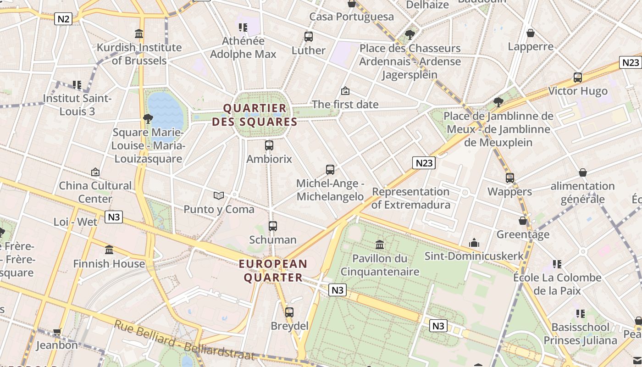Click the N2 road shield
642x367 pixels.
click(x=63, y=19)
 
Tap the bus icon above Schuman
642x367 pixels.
click(x=273, y=226)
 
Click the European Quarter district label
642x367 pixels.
click(x=273, y=271)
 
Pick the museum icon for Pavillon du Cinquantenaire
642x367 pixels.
click(x=379, y=245)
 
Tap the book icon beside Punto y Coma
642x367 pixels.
click(x=219, y=196)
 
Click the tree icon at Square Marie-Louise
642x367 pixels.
click(x=148, y=119)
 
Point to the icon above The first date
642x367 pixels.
click(x=345, y=91)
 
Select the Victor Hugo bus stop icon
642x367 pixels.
click(x=578, y=77)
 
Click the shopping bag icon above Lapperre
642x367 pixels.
click(x=531, y=33)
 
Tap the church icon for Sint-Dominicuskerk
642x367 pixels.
click(x=474, y=242)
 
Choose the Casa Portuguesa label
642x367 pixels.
click(x=351, y=17)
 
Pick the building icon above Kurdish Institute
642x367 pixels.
click(x=139, y=33)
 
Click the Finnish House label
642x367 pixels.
click(x=109, y=264)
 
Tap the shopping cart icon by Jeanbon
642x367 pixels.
click(x=57, y=331)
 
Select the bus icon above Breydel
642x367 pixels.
click(x=289, y=312)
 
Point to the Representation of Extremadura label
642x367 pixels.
click(x=410, y=198)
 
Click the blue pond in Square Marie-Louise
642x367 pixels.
click(x=165, y=112)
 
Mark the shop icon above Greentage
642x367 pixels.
click(x=523, y=221)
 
